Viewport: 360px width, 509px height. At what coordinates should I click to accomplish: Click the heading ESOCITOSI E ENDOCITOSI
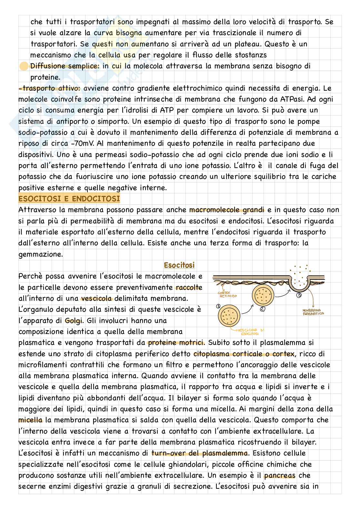tap(69, 199)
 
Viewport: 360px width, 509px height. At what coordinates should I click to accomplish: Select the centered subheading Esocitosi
tap(179, 266)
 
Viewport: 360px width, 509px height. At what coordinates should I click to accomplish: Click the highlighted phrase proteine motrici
tap(176, 343)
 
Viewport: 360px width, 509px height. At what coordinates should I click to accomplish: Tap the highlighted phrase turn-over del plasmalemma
tap(199, 453)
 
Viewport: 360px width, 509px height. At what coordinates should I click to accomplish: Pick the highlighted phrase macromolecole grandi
tap(226, 210)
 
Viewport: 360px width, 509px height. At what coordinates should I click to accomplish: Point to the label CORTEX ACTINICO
tap(228, 295)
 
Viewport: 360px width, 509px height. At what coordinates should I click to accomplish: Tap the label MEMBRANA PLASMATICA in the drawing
tap(313, 312)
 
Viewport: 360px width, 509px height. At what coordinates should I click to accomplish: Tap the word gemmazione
tap(40, 254)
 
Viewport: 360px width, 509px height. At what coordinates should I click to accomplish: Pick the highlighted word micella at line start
tap(30, 420)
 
